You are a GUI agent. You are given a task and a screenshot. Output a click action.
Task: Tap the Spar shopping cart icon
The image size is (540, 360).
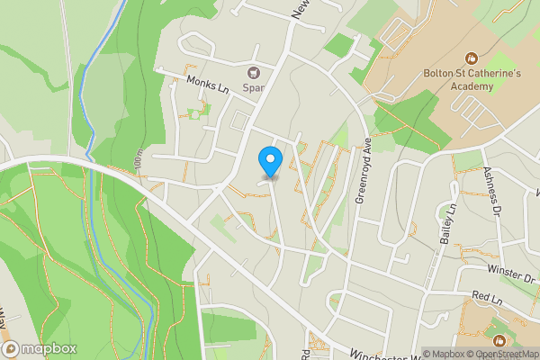[x=253, y=73]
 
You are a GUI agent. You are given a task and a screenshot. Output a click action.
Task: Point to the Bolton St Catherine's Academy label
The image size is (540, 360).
[x=460, y=79]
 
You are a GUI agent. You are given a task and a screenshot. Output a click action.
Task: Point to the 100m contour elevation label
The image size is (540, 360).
[x=138, y=160]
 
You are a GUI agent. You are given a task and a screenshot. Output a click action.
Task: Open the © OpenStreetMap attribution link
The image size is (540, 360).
[x=501, y=354]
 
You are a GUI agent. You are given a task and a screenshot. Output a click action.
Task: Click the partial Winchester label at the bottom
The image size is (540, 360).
[x=378, y=351]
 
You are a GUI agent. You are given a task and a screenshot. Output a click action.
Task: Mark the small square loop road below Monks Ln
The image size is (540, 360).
[x=239, y=120]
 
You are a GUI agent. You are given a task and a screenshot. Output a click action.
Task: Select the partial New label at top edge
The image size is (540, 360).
[x=301, y=9]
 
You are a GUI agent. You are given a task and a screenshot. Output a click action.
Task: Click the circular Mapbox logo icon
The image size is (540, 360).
[x=11, y=348]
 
